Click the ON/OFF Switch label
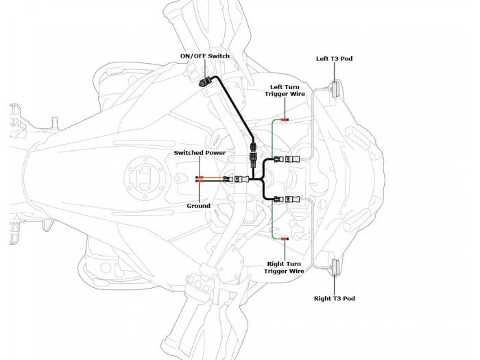tap(204, 56)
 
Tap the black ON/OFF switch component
tap(204, 83)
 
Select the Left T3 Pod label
tap(334, 59)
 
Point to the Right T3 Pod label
tap(334, 298)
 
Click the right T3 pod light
tap(335, 267)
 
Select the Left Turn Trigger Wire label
tap(286, 90)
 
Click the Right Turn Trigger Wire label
tap(285, 267)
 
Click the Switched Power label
tap(199, 152)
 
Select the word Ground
tap(199, 205)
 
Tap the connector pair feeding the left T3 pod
tap(288, 160)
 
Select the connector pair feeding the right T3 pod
tap(288, 200)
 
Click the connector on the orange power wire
tap(241, 180)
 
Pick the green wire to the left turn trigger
tap(273, 137)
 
